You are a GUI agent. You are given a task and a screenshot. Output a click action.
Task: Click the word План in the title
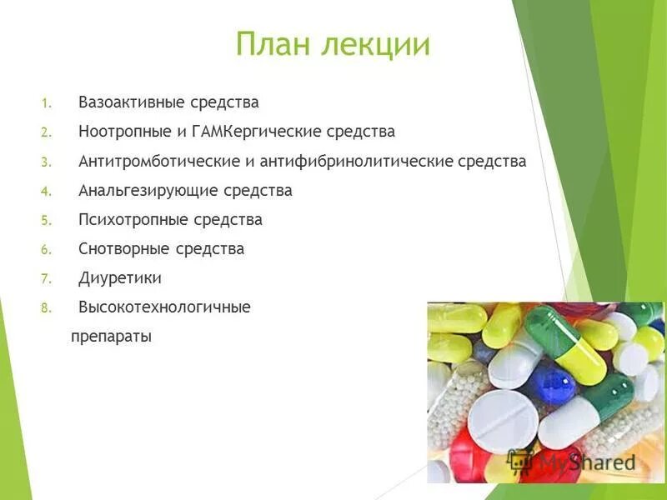(271, 44)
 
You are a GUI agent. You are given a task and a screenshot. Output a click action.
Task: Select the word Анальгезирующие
(148, 191)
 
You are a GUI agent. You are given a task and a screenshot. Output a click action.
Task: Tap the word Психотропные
(133, 220)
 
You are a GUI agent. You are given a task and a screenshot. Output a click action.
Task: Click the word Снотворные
(124, 249)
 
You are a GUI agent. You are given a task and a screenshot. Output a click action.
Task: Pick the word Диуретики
(120, 278)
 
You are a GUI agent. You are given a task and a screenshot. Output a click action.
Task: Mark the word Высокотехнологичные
(164, 307)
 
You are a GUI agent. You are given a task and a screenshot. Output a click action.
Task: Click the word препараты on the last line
(111, 337)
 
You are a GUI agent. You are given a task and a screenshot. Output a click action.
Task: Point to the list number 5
(46, 221)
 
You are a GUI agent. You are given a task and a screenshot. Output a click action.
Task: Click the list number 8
(46, 308)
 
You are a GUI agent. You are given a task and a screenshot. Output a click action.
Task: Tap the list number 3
(46, 162)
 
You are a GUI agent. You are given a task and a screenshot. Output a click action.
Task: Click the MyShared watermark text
(587, 462)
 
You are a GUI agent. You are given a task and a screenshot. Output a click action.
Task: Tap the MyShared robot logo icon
(520, 461)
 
